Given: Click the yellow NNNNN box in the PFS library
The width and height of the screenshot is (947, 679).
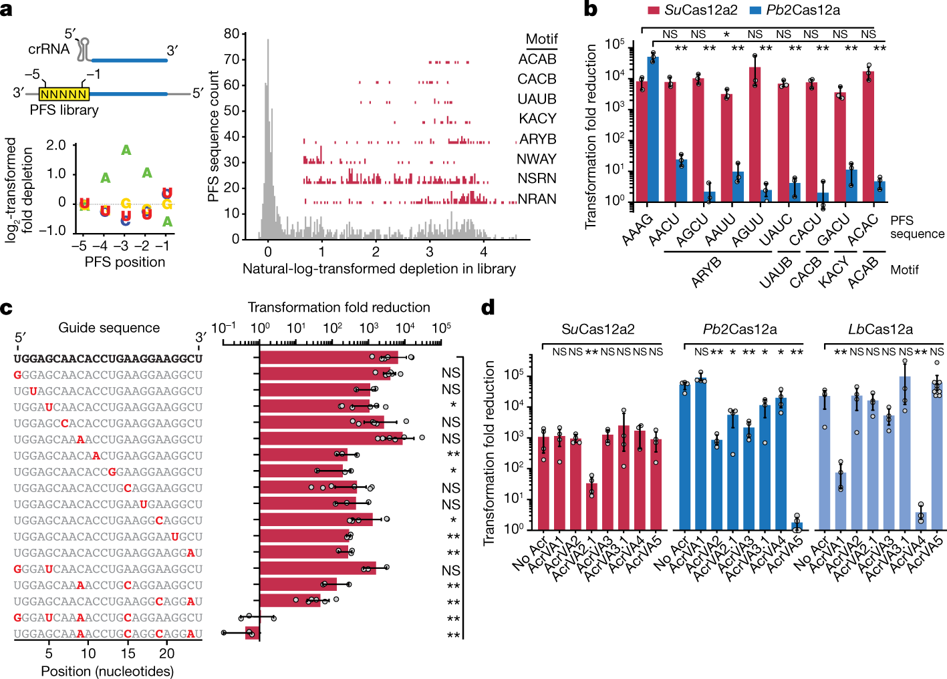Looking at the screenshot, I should coord(64,94).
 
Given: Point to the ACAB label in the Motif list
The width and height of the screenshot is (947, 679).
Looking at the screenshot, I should coord(537,59).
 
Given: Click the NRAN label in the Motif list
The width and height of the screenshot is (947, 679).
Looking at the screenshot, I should coord(537,199).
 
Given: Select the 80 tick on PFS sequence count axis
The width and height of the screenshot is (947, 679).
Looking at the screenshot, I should coord(231,34).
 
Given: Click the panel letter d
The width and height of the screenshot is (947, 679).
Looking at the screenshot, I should coord(488,308).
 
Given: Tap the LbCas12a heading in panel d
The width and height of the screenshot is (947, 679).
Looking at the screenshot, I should coord(880,329).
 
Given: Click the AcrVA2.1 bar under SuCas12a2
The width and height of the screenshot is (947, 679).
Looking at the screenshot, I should coord(591,507).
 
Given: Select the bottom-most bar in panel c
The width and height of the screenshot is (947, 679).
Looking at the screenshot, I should coord(253,634).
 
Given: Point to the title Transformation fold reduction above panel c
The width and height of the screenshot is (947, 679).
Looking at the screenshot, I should coord(339,307).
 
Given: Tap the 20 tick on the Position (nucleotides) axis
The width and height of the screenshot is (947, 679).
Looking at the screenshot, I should coord(167,654).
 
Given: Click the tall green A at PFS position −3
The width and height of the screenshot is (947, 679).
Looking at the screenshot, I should coord(126,150).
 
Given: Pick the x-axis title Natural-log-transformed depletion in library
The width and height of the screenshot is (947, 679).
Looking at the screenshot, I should coord(379,269).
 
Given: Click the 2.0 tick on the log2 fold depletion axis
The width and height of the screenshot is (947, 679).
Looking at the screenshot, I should coord(56,146).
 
